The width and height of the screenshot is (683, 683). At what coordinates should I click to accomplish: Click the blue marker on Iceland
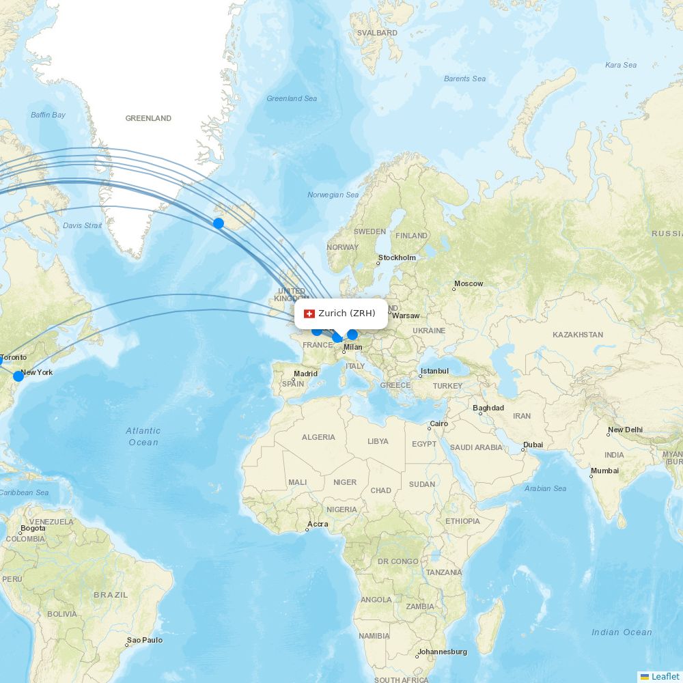(219, 223)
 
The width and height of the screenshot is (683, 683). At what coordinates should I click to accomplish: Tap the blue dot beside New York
(18, 376)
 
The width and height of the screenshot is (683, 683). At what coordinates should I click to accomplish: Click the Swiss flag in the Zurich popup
(309, 313)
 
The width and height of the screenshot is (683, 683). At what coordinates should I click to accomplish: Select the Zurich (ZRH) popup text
(347, 313)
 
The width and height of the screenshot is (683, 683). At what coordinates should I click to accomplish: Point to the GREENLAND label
(148, 118)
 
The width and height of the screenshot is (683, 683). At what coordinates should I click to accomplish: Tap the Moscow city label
(469, 283)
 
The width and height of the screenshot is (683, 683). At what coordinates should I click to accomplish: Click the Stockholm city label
(397, 257)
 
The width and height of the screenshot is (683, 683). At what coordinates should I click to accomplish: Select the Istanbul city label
(434, 371)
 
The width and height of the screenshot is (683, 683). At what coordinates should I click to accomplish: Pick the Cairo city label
(438, 423)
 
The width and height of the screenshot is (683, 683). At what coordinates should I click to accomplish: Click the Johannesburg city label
(442, 652)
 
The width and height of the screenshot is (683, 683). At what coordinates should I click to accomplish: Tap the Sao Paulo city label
(144, 640)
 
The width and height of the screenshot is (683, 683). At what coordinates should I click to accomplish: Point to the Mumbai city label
(604, 471)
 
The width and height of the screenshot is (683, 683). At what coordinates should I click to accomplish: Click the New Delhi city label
(625, 430)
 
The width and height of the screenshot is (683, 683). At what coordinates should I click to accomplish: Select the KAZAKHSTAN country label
(578, 335)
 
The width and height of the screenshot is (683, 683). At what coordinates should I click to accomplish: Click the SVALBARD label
(377, 33)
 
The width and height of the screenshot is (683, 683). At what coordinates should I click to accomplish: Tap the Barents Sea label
(464, 79)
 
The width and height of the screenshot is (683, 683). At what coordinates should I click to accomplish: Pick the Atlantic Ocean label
(143, 436)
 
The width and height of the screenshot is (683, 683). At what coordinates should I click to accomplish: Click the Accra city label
(318, 525)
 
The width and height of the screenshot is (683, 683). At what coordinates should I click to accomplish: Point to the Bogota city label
(33, 528)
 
